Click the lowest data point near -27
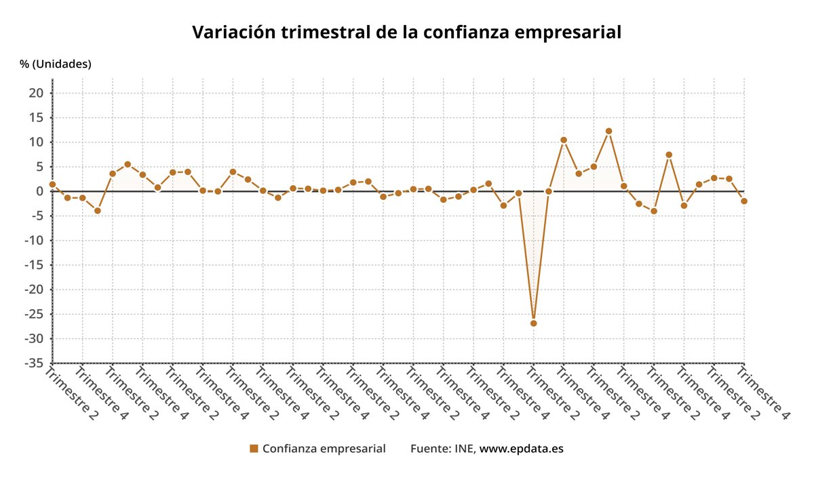click(534, 323)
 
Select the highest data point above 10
click(609, 131)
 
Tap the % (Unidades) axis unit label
click(56, 64)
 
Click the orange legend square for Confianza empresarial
click(254, 448)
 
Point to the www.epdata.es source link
click(522, 448)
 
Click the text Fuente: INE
click(442, 448)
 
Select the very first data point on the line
click(52, 184)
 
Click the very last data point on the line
click(744, 201)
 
